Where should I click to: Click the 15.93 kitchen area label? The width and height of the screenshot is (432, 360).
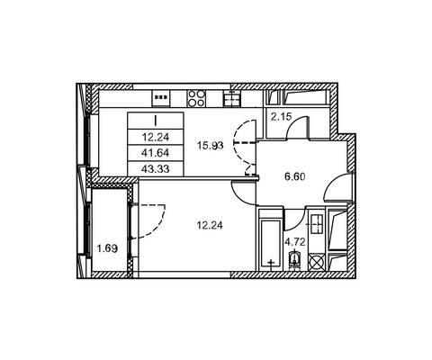pos(211,146)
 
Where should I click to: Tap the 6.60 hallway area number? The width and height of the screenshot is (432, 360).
pos(295,176)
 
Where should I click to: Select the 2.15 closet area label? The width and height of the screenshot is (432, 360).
pos(281,116)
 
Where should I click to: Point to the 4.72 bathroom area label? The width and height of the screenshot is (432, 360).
pos(295,242)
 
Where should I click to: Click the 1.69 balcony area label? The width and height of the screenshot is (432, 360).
pos(107,248)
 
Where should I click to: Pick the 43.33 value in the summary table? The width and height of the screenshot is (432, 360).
pos(156,169)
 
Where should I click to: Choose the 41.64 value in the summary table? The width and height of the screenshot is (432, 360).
pos(156,153)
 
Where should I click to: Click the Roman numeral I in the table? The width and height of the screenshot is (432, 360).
pos(156,121)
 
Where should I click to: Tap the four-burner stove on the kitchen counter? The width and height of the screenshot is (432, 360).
pos(196,98)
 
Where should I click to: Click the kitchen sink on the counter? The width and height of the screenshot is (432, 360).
pos(232,98)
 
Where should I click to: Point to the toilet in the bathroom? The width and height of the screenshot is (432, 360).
pos(294,258)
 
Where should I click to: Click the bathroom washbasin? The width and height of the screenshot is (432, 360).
pos(316,224)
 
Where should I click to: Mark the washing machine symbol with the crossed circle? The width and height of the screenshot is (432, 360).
pos(317,261)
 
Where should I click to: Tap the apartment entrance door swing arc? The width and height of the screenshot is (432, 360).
pos(337,187)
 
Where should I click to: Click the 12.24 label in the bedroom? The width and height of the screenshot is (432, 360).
pos(210,225)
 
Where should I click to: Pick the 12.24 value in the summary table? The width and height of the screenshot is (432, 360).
pos(156,138)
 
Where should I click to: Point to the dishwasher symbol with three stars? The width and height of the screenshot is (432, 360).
pos(161,97)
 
